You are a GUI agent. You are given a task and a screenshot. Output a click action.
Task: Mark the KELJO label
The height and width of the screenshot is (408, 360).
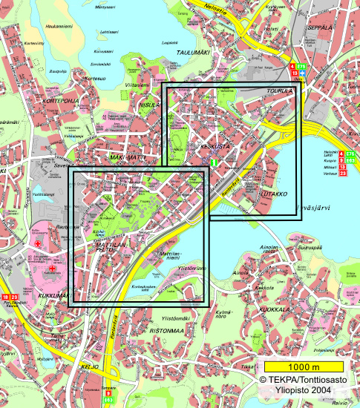click(x=91, y=366)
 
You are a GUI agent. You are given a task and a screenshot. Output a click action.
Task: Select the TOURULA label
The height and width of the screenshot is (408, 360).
click(x=279, y=91)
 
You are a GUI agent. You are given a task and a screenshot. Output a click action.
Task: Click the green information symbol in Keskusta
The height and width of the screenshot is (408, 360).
click(x=214, y=162)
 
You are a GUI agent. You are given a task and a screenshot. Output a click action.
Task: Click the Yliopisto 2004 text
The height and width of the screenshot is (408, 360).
click(x=308, y=392)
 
